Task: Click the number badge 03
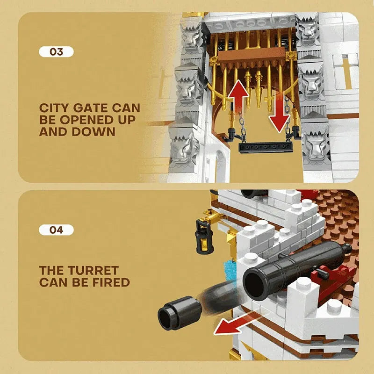(x=56, y=52)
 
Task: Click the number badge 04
(x=56, y=230)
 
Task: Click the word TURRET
(x=93, y=271)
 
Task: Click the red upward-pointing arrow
(x=238, y=97)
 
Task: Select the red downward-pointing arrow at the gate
(x=280, y=112)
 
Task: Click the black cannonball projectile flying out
(x=180, y=313)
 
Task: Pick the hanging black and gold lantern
(x=204, y=236)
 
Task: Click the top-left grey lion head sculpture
(x=191, y=36)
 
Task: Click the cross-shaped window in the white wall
(x=347, y=72)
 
